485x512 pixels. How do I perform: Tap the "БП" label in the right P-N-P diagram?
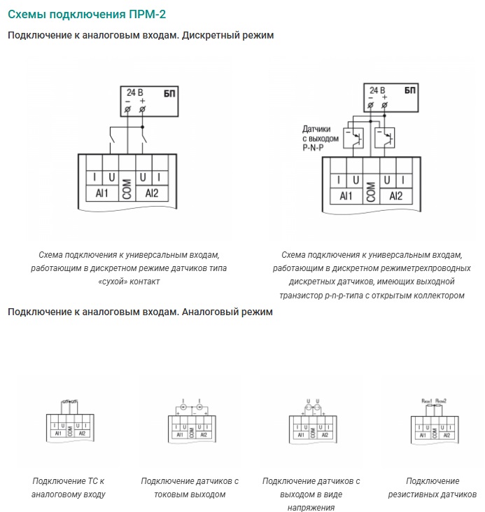tap(409, 91)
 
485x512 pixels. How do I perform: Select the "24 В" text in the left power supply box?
tap(135, 92)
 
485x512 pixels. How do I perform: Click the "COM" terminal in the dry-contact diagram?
tap(127, 186)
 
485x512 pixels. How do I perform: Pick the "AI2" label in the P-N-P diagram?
tap(395, 196)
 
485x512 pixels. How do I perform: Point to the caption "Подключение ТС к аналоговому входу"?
tap(69, 487)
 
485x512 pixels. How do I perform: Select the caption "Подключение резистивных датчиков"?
tap(432, 487)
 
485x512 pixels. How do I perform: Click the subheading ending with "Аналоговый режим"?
tap(140, 312)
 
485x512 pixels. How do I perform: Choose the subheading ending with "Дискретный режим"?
tap(140, 35)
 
